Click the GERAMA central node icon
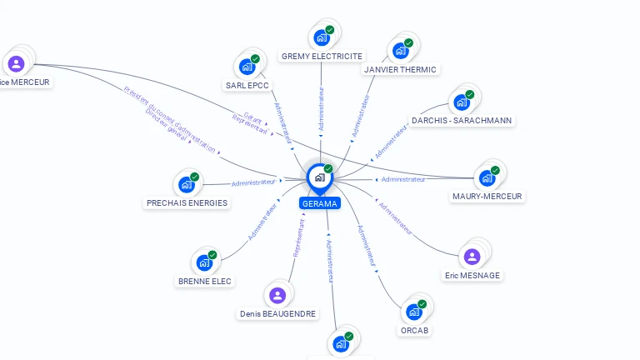(x=319, y=177)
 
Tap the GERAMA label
(x=320, y=203)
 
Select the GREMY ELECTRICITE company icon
(x=321, y=37)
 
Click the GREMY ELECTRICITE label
(x=322, y=57)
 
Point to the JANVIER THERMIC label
(x=400, y=70)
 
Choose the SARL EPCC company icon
(x=247, y=67)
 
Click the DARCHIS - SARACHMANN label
(x=461, y=121)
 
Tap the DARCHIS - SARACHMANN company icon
(x=461, y=102)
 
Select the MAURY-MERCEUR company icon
(x=487, y=178)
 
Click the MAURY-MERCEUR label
(x=487, y=197)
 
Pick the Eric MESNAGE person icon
(x=472, y=257)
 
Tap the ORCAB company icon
(x=414, y=312)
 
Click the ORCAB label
(x=414, y=331)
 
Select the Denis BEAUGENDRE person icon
(x=277, y=295)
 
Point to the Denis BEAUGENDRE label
(x=277, y=314)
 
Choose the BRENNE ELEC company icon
(x=204, y=262)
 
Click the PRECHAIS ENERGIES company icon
(x=186, y=184)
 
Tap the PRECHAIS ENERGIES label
(x=187, y=203)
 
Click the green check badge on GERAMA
(x=328, y=169)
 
